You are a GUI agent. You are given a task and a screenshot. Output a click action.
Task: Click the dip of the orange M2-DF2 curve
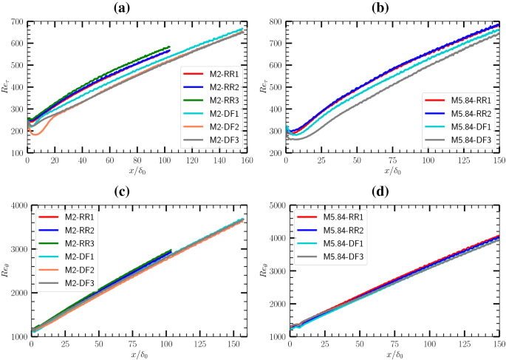point(35,135)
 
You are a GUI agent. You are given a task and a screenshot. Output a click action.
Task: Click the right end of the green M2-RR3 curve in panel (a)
point(169,47)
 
